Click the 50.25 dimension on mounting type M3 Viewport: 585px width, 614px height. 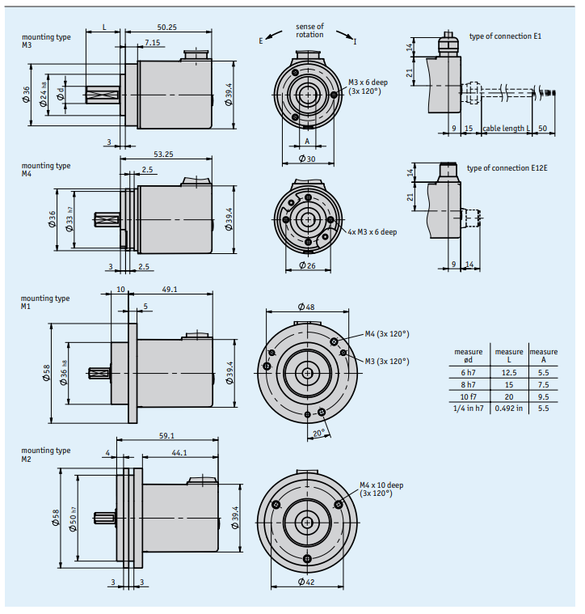click(167, 27)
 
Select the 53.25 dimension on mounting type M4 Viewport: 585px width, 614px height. click(163, 155)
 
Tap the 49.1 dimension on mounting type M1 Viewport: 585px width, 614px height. click(170, 290)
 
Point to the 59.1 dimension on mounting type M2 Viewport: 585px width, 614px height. click(167, 435)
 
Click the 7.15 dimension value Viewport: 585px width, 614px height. click(153, 42)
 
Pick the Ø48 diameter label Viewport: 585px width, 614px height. click(306, 307)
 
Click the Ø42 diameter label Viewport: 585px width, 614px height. click(306, 582)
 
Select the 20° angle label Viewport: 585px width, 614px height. click(318, 433)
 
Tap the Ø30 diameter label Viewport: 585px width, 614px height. click(307, 159)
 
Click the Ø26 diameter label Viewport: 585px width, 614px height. click(307, 265)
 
